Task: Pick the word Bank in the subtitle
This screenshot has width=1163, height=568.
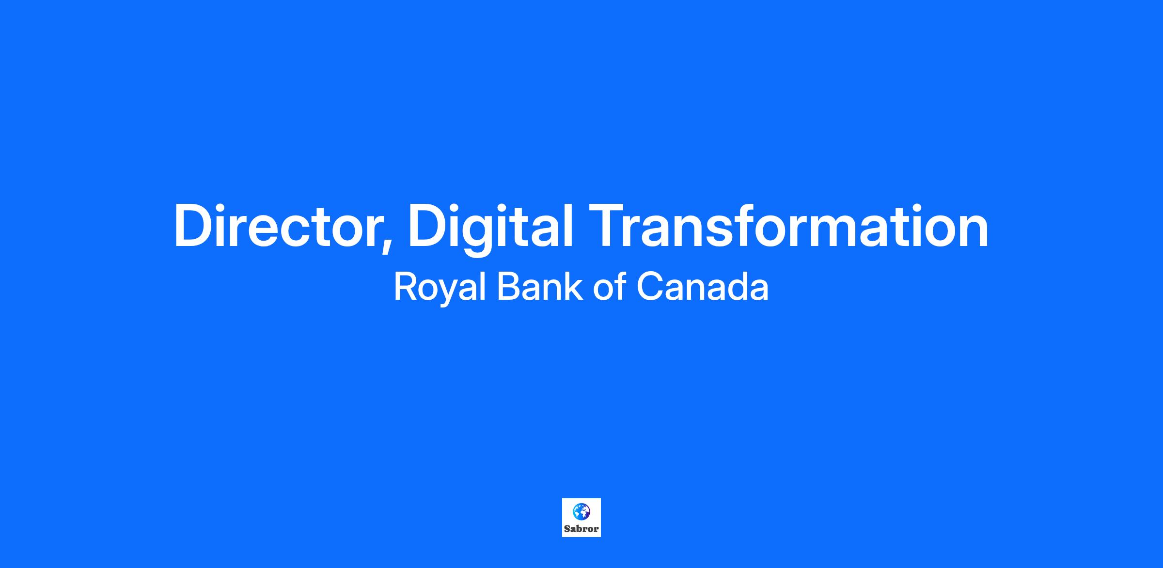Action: [x=539, y=287]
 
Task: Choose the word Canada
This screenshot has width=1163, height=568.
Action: [x=702, y=287]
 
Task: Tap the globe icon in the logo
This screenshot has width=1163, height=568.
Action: [x=581, y=512]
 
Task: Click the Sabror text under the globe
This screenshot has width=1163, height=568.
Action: [x=581, y=529]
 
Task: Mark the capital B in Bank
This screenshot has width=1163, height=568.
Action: [x=509, y=287]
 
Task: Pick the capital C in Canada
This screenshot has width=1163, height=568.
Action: [x=649, y=287]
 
